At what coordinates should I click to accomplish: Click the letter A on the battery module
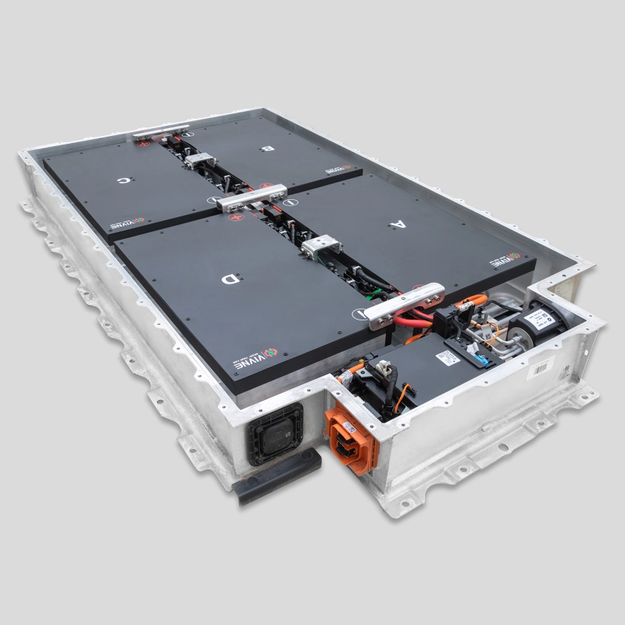[x=397, y=224]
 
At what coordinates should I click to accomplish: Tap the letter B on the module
[x=269, y=147]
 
